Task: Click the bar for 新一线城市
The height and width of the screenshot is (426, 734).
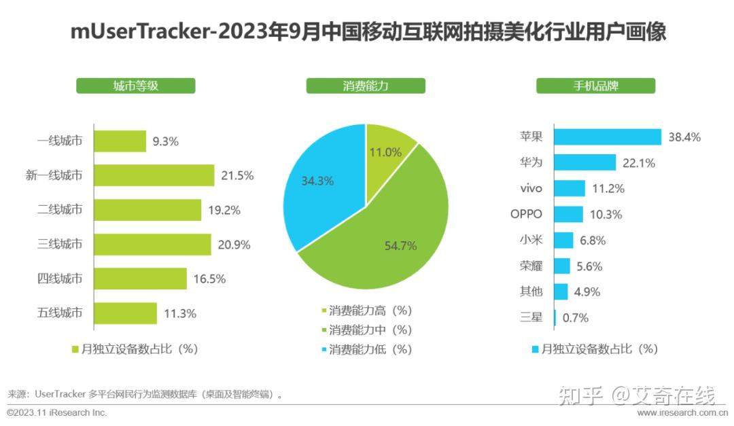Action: coord(154,175)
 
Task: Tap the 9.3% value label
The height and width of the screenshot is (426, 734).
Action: coord(165,141)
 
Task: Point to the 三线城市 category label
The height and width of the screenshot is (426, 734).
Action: coord(60,244)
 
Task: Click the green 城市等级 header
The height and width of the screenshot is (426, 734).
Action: coord(135,86)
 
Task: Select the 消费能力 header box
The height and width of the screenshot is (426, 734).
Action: coord(366,86)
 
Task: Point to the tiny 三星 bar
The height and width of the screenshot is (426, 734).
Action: coord(555,317)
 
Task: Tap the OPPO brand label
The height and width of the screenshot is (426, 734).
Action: coord(526,214)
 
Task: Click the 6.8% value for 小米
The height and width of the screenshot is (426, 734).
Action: coord(591,240)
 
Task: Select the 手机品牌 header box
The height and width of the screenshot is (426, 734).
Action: coord(595,86)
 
